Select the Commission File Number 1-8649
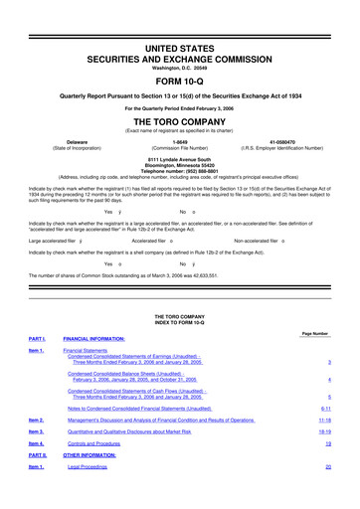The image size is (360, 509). pyautogui.click(x=179, y=142)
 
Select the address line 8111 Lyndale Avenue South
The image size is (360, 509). pyautogui.click(x=179, y=158)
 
